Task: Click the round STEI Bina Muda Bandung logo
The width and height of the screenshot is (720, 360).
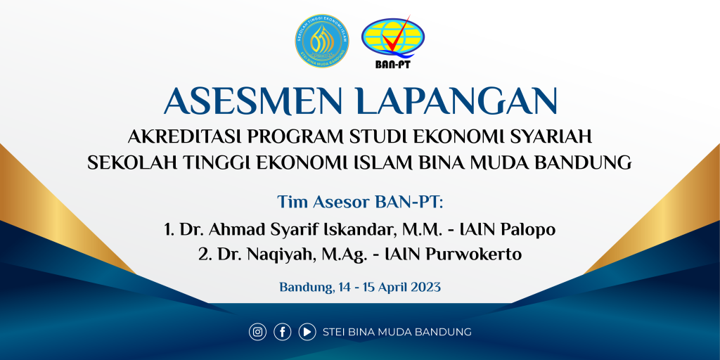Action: click(x=322, y=41)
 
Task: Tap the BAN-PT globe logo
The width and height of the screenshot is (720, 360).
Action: click(x=393, y=41)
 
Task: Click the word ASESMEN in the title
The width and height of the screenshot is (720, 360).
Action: click(x=255, y=101)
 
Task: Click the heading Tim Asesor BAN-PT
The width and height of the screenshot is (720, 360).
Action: click(x=360, y=202)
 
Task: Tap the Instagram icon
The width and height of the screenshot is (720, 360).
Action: click(x=257, y=332)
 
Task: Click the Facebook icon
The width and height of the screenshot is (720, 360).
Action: click(x=283, y=332)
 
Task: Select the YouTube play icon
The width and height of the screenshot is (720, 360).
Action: click(x=307, y=332)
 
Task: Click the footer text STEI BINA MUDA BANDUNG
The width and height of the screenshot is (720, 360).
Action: click(x=397, y=332)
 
